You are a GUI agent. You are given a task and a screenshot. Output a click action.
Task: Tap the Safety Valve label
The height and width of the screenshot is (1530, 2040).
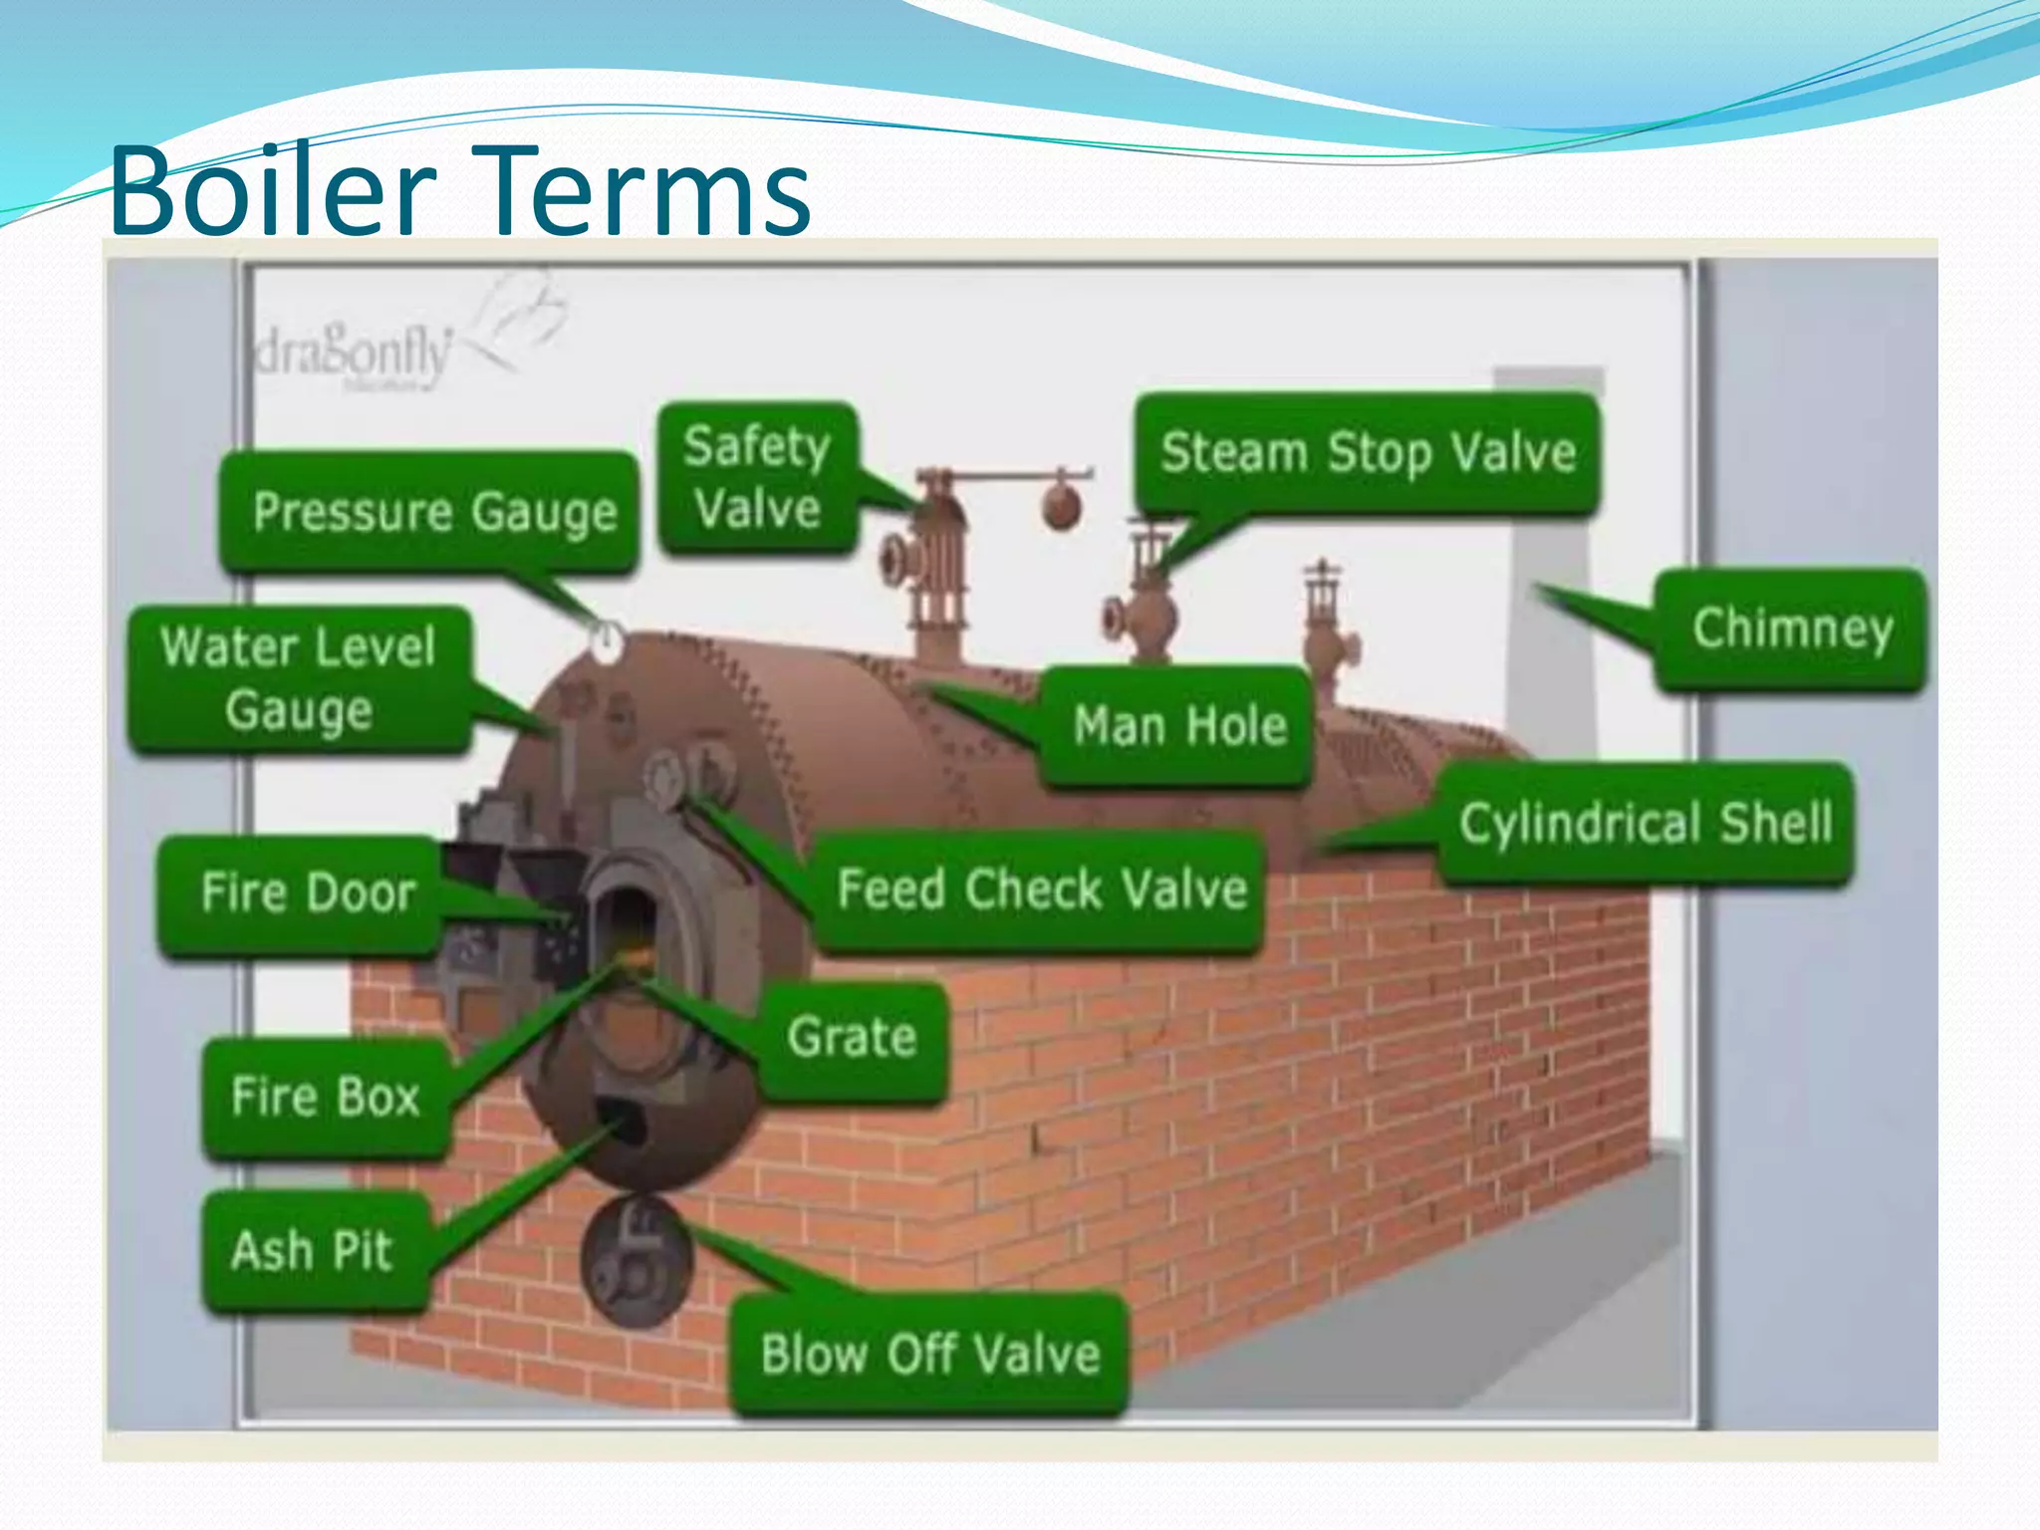coord(758,478)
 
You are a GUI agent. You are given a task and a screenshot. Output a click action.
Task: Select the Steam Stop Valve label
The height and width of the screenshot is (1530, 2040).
coord(1368,453)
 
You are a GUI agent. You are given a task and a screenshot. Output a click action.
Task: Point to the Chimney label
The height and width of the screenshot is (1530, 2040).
coord(1791,629)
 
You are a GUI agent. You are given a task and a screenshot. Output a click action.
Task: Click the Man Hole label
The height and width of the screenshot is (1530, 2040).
coord(1179,725)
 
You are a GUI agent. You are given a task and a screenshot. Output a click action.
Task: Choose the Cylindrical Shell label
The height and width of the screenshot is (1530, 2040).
coord(1645,824)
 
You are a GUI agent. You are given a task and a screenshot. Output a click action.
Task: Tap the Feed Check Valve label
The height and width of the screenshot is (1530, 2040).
coord(1041,889)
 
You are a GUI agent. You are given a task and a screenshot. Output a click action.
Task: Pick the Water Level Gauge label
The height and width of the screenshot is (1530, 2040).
coord(299,678)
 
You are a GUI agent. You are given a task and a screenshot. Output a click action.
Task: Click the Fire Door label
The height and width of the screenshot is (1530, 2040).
coord(307,892)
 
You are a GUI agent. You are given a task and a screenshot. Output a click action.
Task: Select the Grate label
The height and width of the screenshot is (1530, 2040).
coord(852,1038)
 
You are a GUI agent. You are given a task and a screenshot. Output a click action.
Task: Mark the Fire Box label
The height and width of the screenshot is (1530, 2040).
coord(325,1097)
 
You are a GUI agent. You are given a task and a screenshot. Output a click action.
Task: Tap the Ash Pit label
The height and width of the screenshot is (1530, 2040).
coord(312,1250)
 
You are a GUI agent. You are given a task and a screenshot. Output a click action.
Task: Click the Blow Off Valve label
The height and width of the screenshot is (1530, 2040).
coord(929,1355)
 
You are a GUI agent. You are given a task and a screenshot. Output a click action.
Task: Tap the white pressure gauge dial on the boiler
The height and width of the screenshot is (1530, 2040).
coord(606,642)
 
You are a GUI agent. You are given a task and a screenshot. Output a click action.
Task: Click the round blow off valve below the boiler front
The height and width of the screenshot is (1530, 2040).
coord(636,1262)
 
